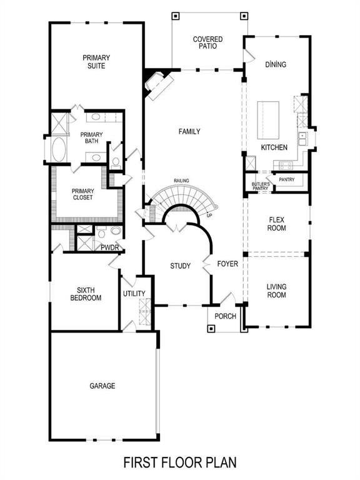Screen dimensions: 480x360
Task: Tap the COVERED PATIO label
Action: coord(207,42)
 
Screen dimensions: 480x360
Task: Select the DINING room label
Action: coord(275,64)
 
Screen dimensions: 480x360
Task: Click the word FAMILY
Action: coord(189,132)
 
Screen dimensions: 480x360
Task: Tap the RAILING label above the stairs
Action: coord(182,181)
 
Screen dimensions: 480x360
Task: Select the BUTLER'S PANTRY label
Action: coord(261,185)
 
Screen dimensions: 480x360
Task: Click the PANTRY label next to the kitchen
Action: coord(287,180)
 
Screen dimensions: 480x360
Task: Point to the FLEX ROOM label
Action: coord(277,224)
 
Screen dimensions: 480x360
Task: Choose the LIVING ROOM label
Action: coord(277,291)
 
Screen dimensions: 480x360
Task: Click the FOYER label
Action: coord(227,264)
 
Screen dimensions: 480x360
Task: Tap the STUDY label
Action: coord(181,266)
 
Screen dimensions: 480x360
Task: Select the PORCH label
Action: coord(225,316)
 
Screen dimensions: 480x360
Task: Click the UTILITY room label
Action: coord(134,294)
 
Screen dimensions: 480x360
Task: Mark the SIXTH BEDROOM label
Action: coord(85,294)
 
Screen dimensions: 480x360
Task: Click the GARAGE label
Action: coord(102,386)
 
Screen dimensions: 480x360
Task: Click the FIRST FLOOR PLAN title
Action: coord(179,463)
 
